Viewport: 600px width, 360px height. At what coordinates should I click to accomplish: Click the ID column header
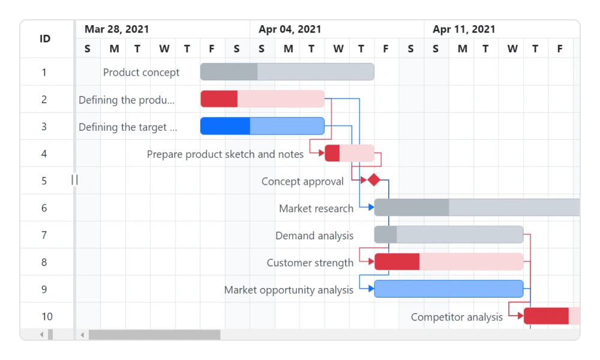(x=45, y=39)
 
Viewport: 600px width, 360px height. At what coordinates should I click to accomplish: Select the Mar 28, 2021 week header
(x=117, y=29)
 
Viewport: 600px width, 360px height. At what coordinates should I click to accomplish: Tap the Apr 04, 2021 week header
(x=290, y=29)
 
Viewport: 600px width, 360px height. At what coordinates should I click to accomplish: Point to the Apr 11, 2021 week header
(x=464, y=29)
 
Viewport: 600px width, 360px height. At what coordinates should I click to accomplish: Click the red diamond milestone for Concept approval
(x=374, y=180)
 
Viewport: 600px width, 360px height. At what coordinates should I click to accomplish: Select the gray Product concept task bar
(x=287, y=71)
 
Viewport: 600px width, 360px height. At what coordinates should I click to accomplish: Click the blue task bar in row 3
(x=262, y=126)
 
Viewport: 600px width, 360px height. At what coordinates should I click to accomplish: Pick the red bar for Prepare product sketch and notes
(x=349, y=153)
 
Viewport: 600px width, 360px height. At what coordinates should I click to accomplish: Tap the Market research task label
(x=316, y=209)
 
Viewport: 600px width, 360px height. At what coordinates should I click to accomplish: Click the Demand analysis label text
(x=314, y=236)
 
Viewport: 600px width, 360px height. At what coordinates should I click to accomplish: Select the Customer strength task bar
(x=449, y=262)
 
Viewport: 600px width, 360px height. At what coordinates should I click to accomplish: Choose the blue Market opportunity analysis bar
(x=449, y=289)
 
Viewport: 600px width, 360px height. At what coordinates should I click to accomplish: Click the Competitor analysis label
(x=457, y=317)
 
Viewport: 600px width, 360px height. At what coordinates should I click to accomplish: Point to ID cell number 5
(x=44, y=181)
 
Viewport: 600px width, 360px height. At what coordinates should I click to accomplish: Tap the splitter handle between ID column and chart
(x=74, y=179)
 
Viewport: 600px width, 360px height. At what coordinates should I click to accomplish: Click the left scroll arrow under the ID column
(x=41, y=335)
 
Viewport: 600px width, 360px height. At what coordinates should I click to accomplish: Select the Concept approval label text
(x=302, y=182)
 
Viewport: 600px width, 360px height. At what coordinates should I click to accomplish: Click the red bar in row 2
(x=262, y=99)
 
